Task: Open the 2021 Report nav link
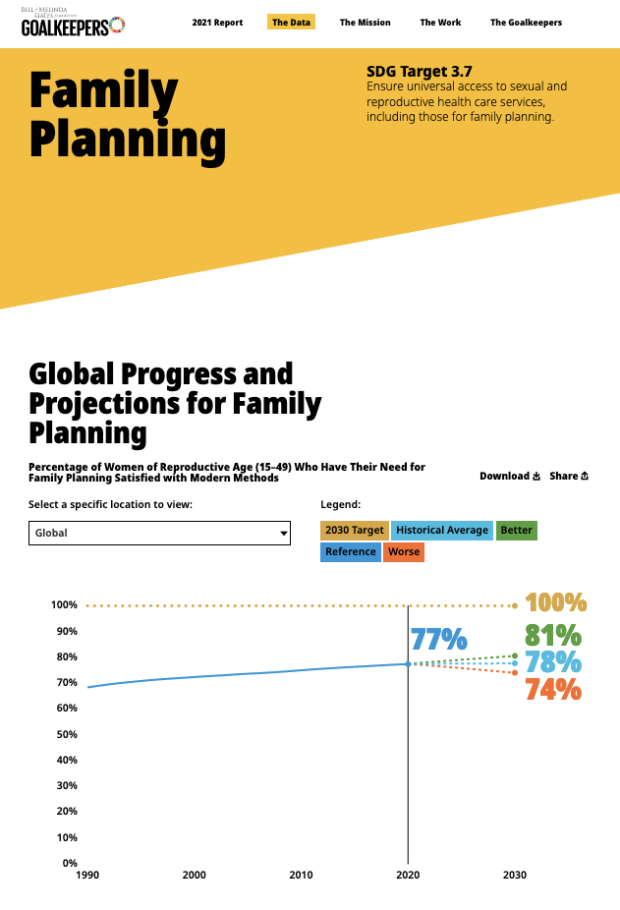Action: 217,23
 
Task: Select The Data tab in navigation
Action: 291,23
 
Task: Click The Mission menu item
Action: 365,23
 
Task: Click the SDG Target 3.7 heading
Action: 419,72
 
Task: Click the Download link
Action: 510,477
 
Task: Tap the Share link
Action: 569,477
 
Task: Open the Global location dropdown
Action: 160,533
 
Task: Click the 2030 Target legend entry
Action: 355,531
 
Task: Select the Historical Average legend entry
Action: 442,531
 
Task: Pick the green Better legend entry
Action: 517,531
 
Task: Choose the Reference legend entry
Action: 351,552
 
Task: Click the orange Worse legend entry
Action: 404,552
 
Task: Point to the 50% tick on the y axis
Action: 64,734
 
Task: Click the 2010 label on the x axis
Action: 301,875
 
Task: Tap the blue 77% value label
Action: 438,640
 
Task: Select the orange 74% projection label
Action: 553,690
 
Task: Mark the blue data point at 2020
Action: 408,664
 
